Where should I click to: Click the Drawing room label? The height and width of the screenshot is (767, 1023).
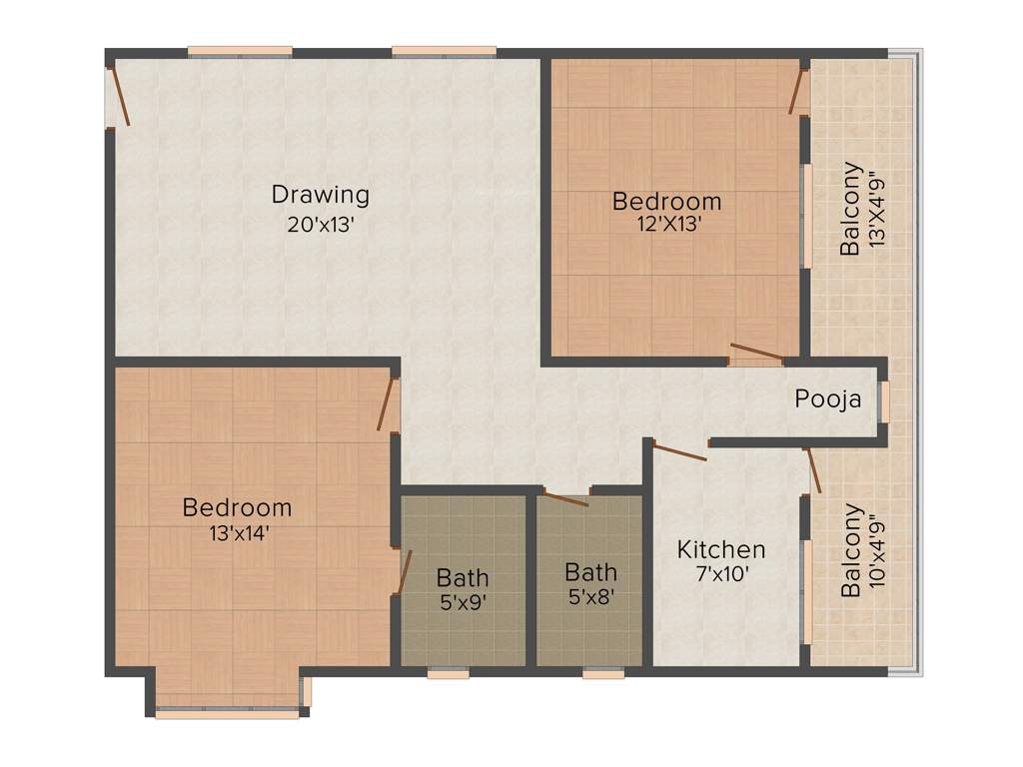320,194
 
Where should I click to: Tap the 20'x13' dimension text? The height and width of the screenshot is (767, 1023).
321,225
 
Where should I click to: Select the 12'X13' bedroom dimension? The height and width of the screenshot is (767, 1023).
666,225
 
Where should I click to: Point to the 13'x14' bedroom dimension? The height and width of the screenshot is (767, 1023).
237,533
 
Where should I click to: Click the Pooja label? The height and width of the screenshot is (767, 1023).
828,399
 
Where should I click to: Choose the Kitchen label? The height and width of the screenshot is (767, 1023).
721,549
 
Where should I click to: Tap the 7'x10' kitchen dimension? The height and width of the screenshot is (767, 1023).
721,574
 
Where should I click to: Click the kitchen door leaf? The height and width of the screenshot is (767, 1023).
679,450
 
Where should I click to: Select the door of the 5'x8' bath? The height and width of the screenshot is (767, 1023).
565,497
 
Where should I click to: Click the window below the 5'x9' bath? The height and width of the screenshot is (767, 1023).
448,674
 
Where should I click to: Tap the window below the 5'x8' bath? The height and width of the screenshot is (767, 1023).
602,674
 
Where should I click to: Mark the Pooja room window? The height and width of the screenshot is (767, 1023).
884,401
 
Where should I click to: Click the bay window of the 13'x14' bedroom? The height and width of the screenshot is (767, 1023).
228,713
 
